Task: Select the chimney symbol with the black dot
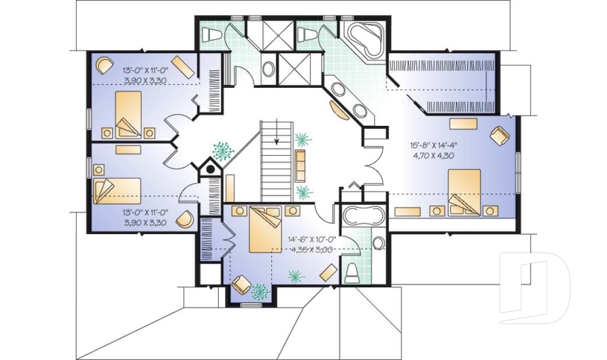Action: (x=209, y=169)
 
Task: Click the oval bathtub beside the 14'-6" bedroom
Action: (x=363, y=216)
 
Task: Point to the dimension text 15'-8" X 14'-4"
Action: (x=433, y=145)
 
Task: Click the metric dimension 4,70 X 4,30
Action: (x=433, y=154)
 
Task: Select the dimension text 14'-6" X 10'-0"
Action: (x=311, y=240)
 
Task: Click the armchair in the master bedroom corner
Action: (x=499, y=135)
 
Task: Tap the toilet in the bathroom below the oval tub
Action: (x=352, y=273)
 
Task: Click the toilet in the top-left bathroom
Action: (x=211, y=35)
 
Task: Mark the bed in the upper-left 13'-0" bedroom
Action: (x=128, y=115)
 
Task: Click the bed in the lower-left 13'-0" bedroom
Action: (x=117, y=190)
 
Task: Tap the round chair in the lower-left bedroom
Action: (x=184, y=220)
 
